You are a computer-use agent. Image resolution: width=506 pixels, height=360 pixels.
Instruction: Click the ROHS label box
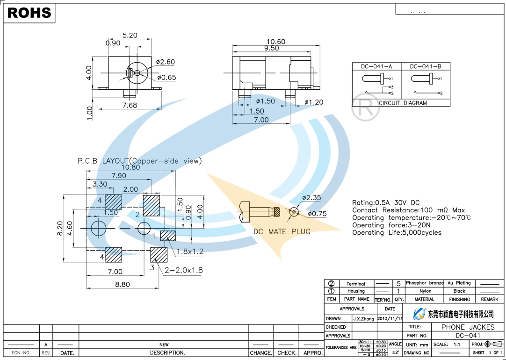tap(29, 13)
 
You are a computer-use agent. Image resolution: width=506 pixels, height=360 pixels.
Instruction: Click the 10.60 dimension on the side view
tap(275, 42)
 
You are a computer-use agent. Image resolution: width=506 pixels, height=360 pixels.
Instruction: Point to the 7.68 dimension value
tap(130, 105)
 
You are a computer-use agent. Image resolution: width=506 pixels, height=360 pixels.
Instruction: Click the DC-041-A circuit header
tap(376, 66)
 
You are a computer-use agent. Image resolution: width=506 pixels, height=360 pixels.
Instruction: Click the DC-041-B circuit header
tap(426, 66)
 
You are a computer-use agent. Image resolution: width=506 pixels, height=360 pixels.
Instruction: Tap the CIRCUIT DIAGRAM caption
tap(402, 103)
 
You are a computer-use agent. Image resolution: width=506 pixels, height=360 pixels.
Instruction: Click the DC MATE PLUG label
tap(282, 231)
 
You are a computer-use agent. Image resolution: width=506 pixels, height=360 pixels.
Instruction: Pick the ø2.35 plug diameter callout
tap(311, 198)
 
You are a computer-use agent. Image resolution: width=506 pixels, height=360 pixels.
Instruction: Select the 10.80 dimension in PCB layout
tap(130, 167)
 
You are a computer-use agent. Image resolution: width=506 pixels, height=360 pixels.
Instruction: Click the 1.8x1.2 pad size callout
tap(189, 252)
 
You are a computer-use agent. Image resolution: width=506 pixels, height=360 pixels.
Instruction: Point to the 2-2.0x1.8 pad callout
tap(183, 270)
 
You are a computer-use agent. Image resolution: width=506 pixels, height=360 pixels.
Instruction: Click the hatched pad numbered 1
tap(168, 236)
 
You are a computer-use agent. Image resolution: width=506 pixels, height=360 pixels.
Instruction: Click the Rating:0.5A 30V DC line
tap(386, 203)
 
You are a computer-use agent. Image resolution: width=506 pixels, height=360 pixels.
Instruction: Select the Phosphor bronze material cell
tap(425, 283)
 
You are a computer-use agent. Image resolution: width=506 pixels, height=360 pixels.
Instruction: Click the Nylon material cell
tap(425, 291)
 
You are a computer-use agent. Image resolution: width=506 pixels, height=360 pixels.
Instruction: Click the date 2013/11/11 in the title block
tap(390, 319)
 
